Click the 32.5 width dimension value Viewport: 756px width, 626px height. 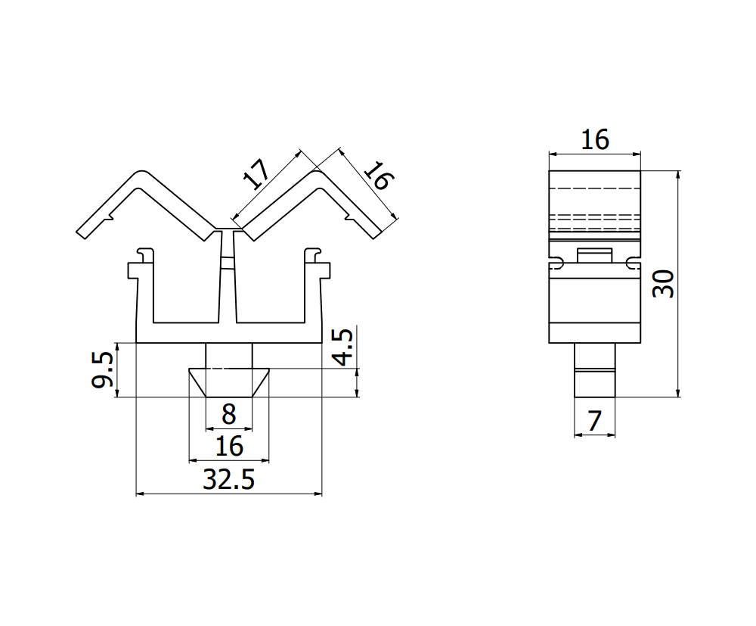228,479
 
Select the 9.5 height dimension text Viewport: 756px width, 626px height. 104,369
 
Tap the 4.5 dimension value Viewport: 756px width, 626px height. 342,347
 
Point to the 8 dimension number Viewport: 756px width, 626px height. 228,415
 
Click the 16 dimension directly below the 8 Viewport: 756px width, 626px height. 228,447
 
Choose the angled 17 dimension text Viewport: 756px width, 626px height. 256,175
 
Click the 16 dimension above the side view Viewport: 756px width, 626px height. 594,139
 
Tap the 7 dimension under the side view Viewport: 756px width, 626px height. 594,422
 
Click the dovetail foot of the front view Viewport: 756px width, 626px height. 228,382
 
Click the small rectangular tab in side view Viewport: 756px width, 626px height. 594,255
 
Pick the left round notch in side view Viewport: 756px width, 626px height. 556,263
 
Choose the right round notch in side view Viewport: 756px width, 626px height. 632,263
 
